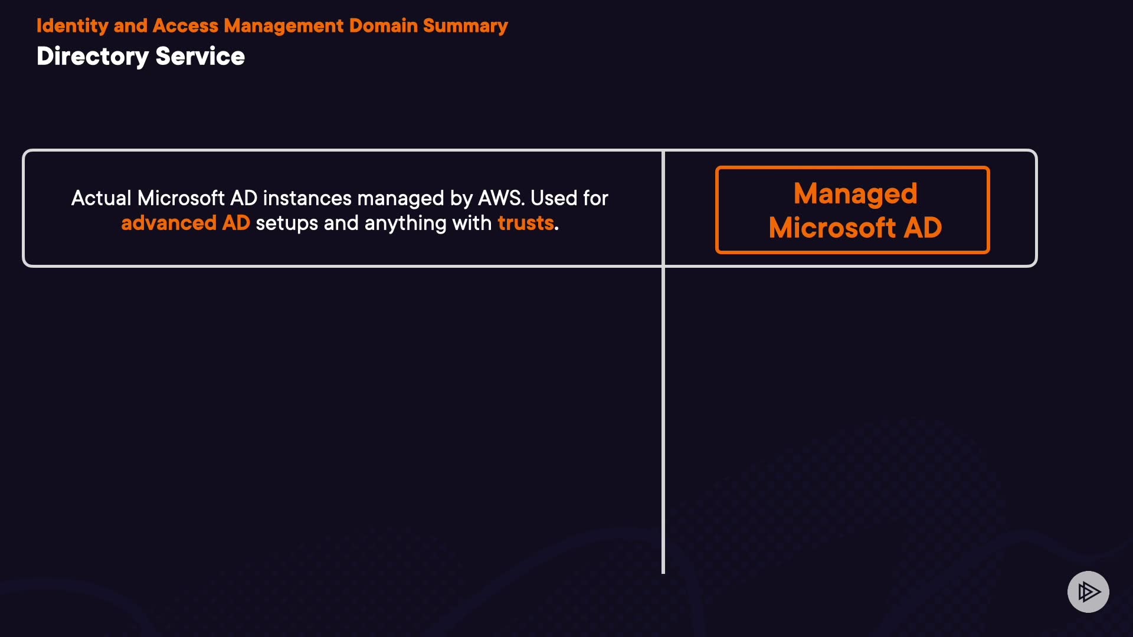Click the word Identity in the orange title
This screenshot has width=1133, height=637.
(72, 26)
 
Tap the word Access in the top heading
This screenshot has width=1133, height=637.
(185, 26)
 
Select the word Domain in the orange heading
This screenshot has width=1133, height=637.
(383, 26)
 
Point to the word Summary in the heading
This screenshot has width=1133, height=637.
(465, 26)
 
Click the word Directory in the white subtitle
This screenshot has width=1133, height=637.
(93, 57)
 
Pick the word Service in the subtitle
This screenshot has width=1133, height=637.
(200, 57)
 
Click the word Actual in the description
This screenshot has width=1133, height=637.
(101, 198)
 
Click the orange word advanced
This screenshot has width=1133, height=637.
(169, 223)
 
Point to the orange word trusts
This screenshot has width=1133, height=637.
(525, 223)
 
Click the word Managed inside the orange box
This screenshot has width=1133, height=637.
(855, 193)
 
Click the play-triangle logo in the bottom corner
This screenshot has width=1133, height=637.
(1088, 592)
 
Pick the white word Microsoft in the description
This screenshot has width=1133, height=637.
(181, 198)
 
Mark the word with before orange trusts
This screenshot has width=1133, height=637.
(471, 223)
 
